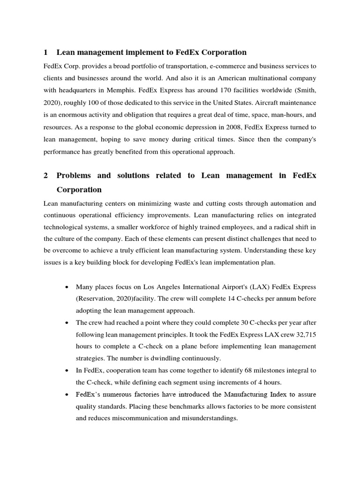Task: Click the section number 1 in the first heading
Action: click(x=45, y=52)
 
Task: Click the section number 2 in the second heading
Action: click(x=45, y=175)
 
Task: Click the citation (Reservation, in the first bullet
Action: click(x=97, y=299)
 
